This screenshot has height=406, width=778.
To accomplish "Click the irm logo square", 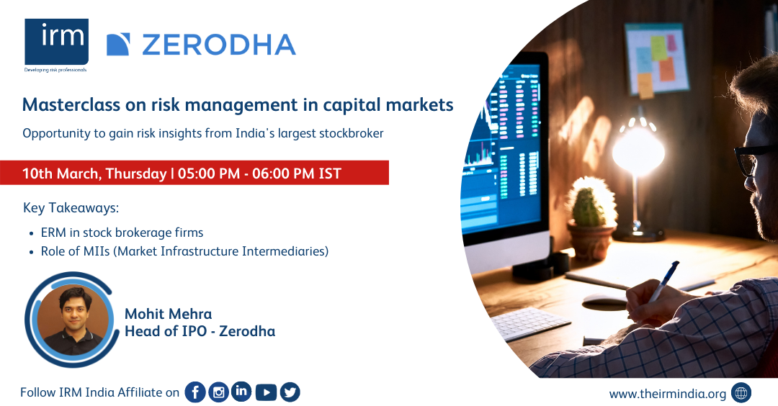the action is (x=57, y=42).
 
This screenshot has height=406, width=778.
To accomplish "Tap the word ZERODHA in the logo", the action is (x=219, y=45).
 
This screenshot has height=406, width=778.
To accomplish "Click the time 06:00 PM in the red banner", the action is (x=283, y=173).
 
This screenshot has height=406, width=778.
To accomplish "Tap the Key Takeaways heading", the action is (x=71, y=208).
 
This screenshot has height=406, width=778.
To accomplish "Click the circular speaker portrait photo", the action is (x=73, y=319).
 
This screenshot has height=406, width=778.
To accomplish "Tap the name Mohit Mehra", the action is (x=168, y=314).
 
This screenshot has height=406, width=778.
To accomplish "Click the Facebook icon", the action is (x=195, y=392).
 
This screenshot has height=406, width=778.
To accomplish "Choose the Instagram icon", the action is (x=218, y=392).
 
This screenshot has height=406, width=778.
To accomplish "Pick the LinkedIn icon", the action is (x=241, y=392).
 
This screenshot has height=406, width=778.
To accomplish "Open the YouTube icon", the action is (x=266, y=392).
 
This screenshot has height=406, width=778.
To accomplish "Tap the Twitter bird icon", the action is (x=290, y=392).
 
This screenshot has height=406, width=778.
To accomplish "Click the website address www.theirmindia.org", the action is (x=667, y=394).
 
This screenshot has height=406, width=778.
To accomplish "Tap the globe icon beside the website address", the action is (x=741, y=393).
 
